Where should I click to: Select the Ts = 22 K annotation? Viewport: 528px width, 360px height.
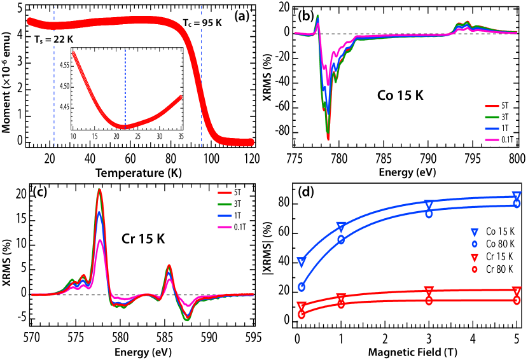(50, 39)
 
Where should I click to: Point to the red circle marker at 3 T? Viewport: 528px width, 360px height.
(429, 300)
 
